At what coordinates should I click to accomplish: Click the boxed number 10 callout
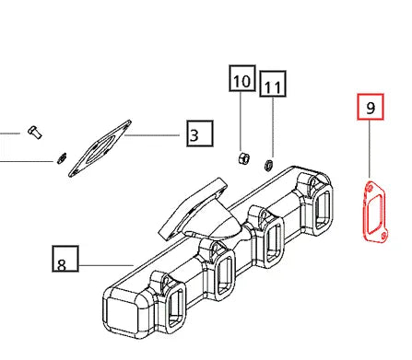click(242, 78)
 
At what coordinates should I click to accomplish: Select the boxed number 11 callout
click(273, 84)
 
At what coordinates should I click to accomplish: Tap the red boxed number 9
click(371, 107)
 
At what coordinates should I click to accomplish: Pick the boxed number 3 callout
click(200, 134)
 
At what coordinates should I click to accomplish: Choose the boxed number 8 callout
click(65, 259)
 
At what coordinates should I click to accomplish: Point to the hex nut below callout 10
click(243, 157)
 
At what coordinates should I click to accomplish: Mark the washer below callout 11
click(268, 165)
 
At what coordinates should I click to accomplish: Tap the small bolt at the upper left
click(35, 133)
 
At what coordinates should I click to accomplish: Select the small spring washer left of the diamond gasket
click(62, 158)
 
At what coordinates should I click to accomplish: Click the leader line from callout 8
click(106, 265)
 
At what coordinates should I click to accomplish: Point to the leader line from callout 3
click(152, 135)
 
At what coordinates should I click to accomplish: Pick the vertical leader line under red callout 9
click(370, 149)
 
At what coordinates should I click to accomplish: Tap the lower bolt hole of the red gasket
click(383, 236)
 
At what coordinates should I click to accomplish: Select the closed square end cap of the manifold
click(122, 316)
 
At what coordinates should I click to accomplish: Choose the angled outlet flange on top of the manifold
click(193, 209)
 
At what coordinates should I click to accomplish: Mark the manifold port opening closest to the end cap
click(176, 309)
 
